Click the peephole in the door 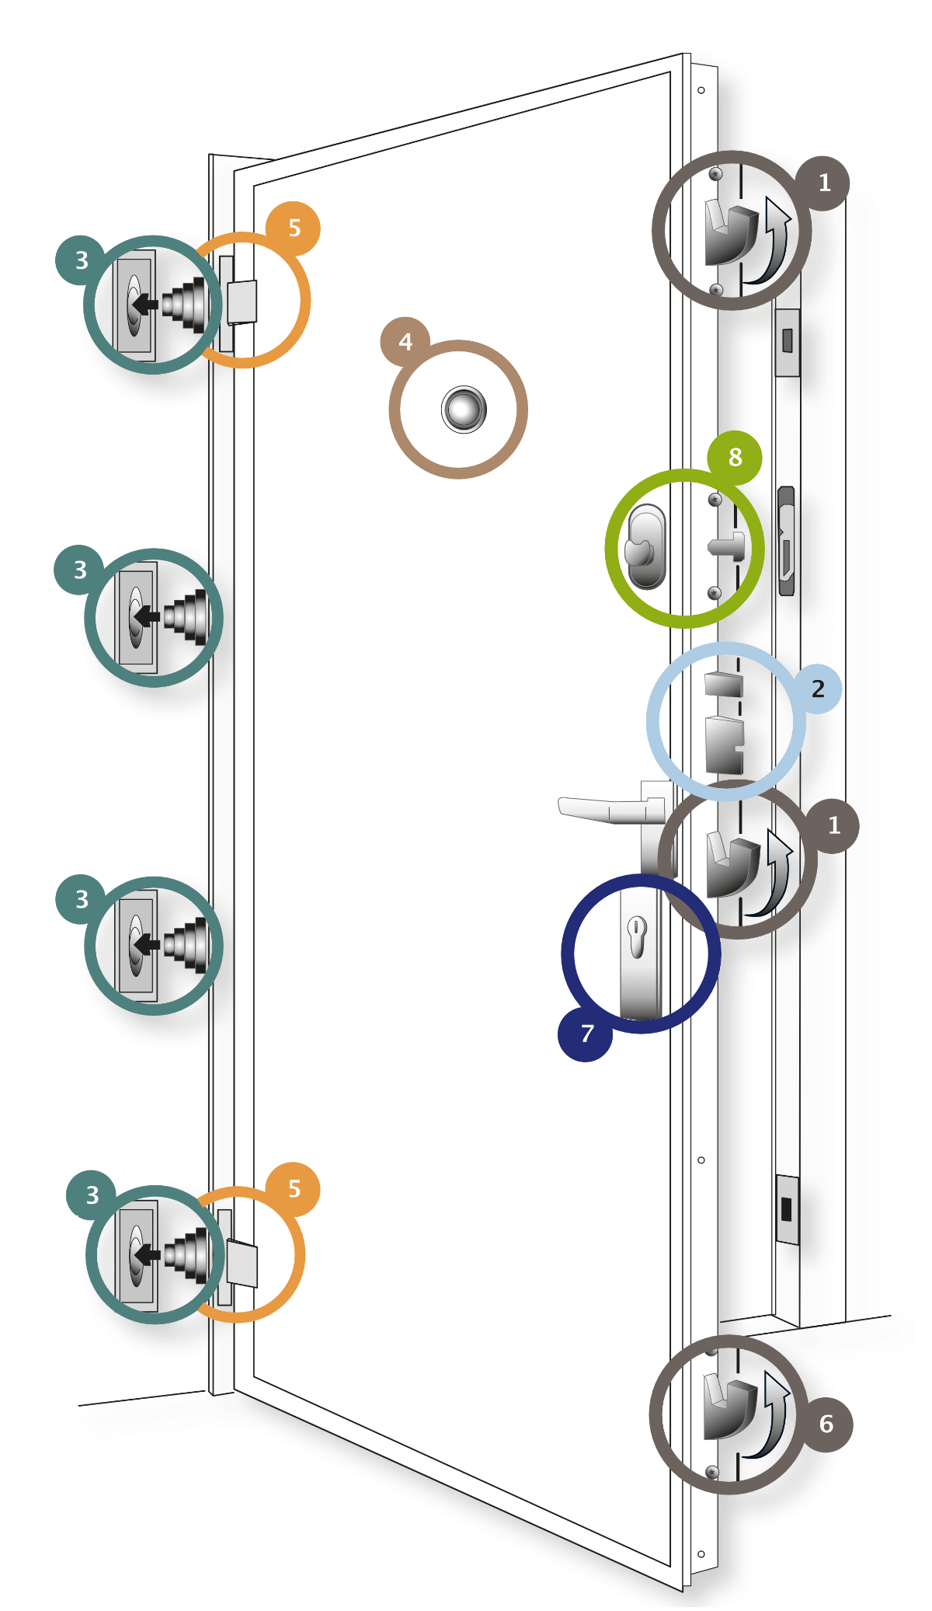(464, 409)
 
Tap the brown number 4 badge (406, 342)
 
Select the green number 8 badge (735, 458)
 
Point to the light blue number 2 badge (817, 689)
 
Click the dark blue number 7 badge (586, 1034)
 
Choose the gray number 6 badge (826, 1424)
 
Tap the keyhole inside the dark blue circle (636, 936)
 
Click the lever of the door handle (610, 809)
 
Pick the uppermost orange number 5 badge (294, 228)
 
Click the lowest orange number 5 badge (294, 1189)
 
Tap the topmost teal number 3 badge (81, 260)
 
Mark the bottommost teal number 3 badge (92, 1194)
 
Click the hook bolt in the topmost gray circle (730, 232)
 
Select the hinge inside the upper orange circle (241, 302)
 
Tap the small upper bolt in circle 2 (724, 684)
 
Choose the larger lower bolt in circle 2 (725, 744)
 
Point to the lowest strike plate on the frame (788, 1209)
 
